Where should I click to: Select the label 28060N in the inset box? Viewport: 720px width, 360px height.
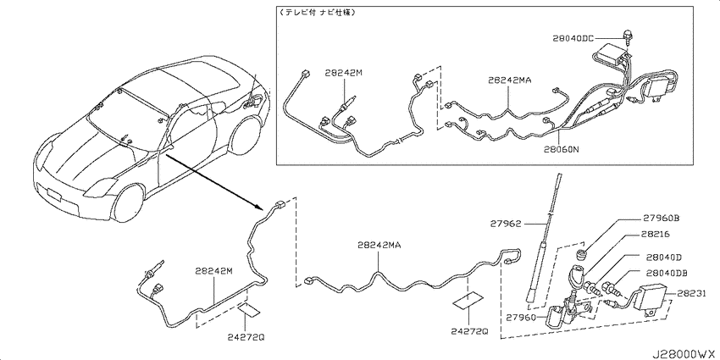560,149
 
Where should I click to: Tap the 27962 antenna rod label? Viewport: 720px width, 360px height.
505,224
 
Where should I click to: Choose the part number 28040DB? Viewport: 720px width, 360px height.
667,273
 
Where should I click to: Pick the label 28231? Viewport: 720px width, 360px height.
691,293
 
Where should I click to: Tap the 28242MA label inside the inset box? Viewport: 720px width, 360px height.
509,80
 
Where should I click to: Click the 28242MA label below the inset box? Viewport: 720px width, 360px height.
379,245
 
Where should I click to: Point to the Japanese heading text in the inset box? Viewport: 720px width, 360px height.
317,13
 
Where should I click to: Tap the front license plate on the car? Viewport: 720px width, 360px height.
54,195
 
